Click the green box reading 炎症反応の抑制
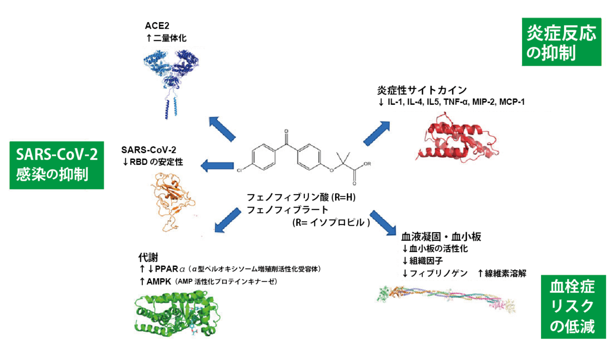[562, 42]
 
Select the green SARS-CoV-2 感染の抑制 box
[56, 165]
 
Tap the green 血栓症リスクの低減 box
[573, 307]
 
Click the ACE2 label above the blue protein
[157, 26]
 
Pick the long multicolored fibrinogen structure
[446, 299]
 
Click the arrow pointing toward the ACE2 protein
[222, 129]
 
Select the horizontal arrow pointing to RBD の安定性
[217, 166]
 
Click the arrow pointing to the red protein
[377, 133]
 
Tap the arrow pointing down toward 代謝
[228, 220]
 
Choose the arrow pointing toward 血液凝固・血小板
[383, 223]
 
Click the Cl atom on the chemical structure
[239, 170]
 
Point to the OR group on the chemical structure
[367, 164]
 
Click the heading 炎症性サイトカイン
[422, 90]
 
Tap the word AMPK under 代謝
[159, 281]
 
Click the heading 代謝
[148, 257]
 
